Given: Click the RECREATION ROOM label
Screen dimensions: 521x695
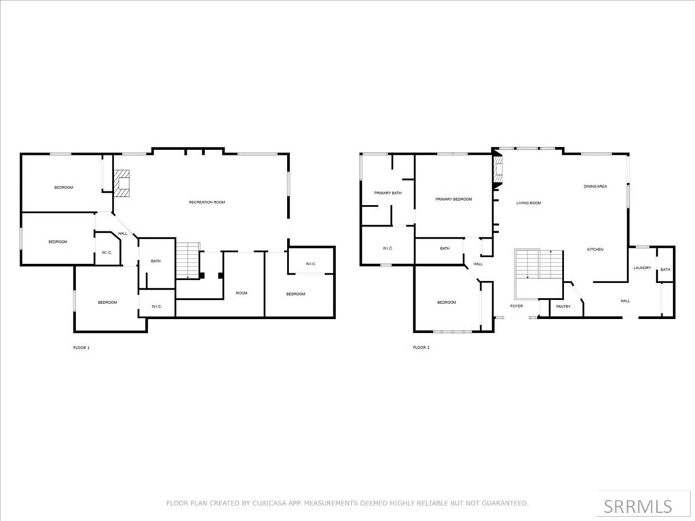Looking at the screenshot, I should (x=206, y=202).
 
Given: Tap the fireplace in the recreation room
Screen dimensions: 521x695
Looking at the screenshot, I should (x=121, y=182).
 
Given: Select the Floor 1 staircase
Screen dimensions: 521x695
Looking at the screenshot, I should (x=188, y=260).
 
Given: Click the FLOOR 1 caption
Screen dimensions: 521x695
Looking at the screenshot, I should (x=81, y=347).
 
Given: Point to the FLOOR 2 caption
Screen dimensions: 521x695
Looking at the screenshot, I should (x=421, y=347).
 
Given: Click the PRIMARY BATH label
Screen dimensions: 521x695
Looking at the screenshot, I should (x=388, y=193).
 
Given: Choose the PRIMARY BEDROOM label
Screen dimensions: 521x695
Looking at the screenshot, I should (x=453, y=199).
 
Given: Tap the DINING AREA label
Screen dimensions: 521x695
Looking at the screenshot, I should (x=595, y=186).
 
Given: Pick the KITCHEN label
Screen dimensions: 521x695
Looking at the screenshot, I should (x=595, y=250).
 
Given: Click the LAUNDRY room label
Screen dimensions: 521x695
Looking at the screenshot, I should (x=642, y=268).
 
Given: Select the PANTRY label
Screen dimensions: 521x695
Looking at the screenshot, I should (x=563, y=307).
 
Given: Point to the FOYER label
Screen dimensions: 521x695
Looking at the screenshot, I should (x=517, y=307).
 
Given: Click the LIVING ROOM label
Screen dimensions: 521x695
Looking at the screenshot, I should (x=529, y=203).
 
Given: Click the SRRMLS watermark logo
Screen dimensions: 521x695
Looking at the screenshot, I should (x=638, y=506).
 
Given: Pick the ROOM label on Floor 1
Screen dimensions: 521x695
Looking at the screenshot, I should (x=242, y=293).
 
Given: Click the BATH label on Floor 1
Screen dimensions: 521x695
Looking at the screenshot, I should (x=155, y=261).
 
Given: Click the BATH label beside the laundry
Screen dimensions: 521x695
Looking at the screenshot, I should (x=665, y=270).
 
